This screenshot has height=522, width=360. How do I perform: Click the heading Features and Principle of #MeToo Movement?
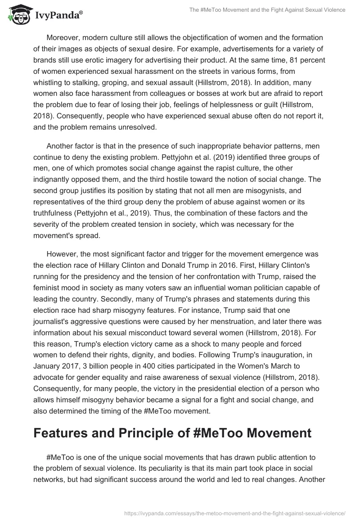coord(172,432)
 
